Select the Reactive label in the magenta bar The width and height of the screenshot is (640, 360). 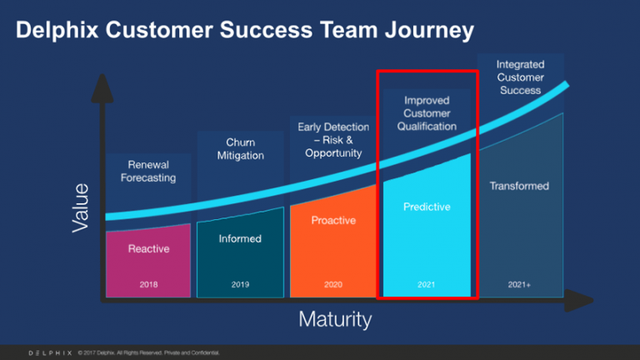pyautogui.click(x=148, y=249)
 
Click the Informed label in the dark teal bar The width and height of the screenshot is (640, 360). pyautogui.click(x=240, y=239)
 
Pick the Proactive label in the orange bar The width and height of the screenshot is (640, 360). pyautogui.click(x=333, y=221)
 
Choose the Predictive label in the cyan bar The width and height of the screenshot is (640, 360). pyautogui.click(x=426, y=207)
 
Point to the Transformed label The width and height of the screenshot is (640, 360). pyautogui.click(x=519, y=186)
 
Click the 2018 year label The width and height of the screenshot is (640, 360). pyautogui.click(x=148, y=285)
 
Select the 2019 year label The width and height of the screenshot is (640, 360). pyautogui.click(x=240, y=285)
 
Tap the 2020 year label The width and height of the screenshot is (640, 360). pyautogui.click(x=333, y=285)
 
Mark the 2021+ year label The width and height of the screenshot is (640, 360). pyautogui.click(x=519, y=285)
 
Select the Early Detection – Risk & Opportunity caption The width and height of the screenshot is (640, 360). pyautogui.click(x=332, y=139)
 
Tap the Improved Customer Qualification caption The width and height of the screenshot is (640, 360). pyautogui.click(x=427, y=113)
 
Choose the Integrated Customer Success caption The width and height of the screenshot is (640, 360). pyautogui.click(x=520, y=77)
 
